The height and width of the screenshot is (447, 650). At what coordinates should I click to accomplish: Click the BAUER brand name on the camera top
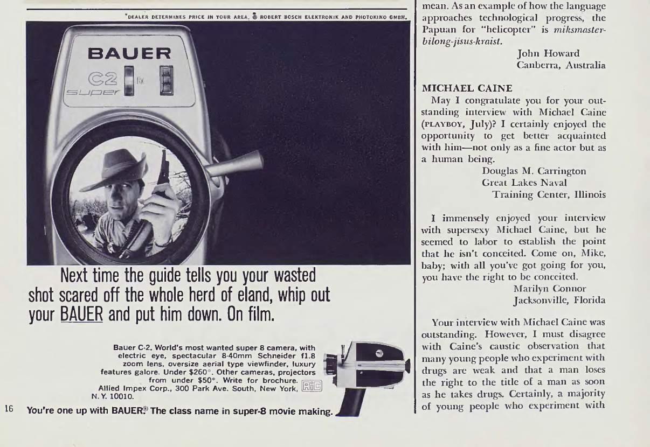pos(129,53)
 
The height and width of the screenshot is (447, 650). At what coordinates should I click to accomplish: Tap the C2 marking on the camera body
pos(103,79)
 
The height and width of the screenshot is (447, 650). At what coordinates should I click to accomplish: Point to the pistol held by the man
pos(163,173)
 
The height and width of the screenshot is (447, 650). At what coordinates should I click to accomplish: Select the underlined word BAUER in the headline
pos(81,314)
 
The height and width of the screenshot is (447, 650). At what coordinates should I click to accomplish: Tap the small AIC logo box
pos(312,386)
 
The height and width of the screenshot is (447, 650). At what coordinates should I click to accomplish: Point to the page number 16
pos(9,409)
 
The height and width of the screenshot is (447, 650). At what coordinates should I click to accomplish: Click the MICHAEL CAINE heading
pos(467,88)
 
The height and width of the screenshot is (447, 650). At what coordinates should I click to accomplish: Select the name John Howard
pos(549,53)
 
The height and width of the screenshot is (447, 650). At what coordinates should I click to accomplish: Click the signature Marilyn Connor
pos(550,289)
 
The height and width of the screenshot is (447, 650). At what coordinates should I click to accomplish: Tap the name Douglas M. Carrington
pos(534,171)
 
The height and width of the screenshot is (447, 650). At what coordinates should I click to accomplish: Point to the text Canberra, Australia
pos(561,65)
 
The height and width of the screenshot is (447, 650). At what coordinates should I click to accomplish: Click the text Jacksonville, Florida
pos(559,301)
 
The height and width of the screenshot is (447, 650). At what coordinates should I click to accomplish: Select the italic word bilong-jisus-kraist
pos(461,41)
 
